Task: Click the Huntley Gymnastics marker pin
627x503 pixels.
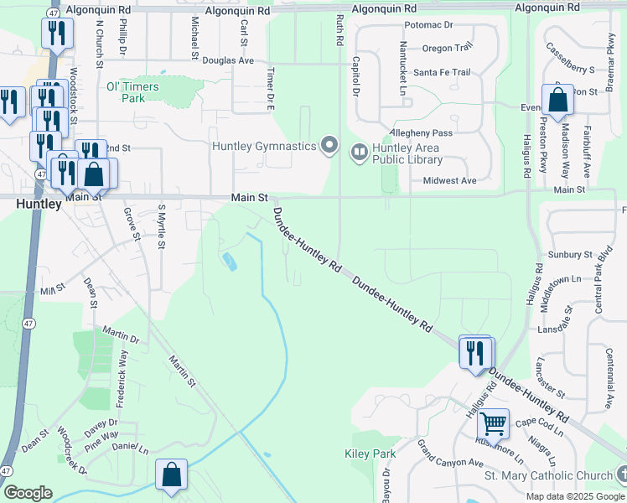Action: [x=329, y=147]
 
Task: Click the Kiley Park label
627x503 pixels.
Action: [x=370, y=454]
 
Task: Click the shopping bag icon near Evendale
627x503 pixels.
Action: [x=557, y=101]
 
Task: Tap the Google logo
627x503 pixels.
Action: [x=28, y=493]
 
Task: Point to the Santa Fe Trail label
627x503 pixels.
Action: [x=442, y=72]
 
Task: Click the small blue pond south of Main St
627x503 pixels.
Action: [x=229, y=262]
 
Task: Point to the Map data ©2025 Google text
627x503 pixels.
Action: [x=574, y=496]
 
